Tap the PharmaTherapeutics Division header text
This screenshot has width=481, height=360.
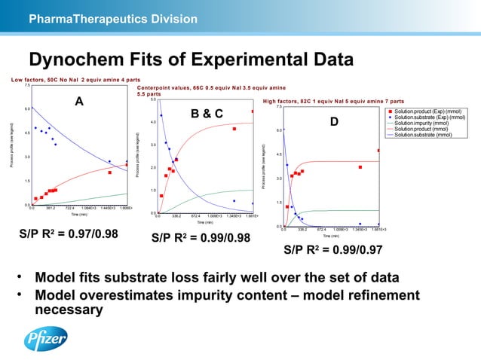coord(112,17)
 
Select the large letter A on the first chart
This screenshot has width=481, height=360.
coord(78,103)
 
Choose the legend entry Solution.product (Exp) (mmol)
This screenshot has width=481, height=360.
coord(428,111)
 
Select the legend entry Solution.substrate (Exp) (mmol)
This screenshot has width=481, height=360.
coord(429,117)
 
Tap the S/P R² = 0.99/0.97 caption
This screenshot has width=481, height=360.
coord(332,249)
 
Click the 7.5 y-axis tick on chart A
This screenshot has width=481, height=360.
coord(26,86)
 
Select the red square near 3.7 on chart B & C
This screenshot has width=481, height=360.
coord(234,129)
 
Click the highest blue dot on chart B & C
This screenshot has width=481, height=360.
coord(161,115)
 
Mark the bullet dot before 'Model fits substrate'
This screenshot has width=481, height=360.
coord(23,278)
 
